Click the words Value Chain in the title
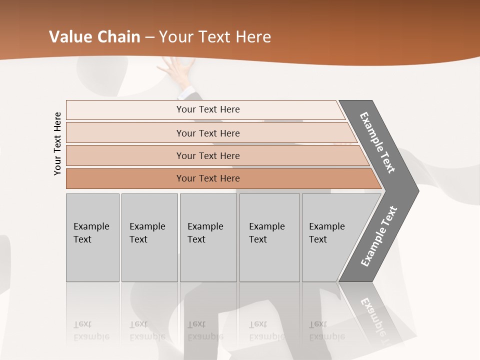click(x=94, y=37)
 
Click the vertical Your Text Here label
click(x=57, y=143)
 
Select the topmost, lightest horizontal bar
click(x=125, y=110)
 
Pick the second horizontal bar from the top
click(x=125, y=133)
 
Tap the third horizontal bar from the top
click(x=125, y=155)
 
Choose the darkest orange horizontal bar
click(x=125, y=178)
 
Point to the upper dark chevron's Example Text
click(x=377, y=142)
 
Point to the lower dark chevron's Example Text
click(x=379, y=236)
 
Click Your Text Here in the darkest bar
click(x=208, y=178)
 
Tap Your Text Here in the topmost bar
click(x=208, y=109)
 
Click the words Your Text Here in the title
click(x=215, y=37)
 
